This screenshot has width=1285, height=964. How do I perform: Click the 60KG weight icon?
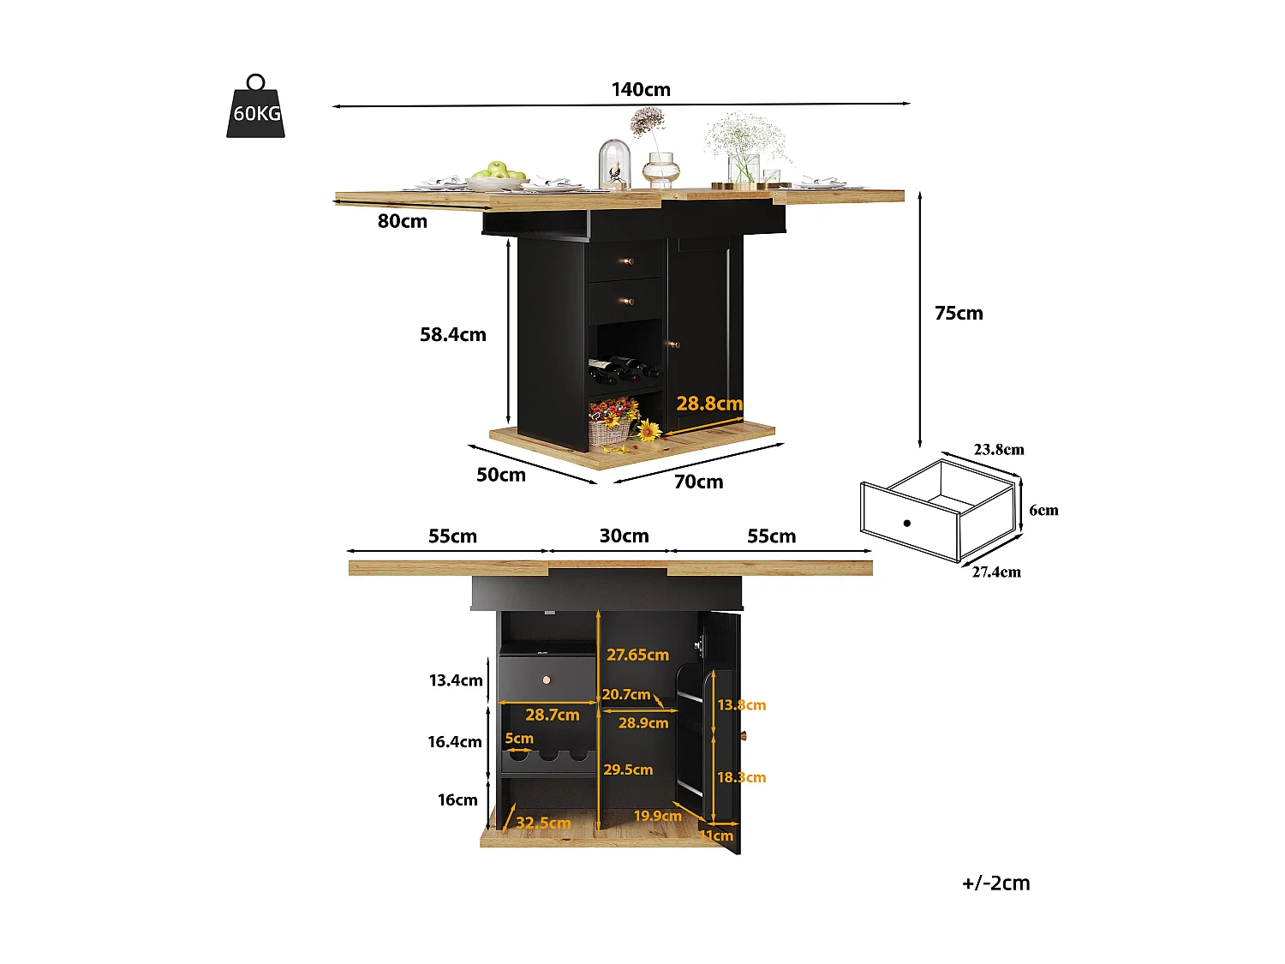click(256, 110)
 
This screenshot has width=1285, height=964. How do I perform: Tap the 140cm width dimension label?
click(641, 89)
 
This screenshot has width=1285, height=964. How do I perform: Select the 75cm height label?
click(959, 313)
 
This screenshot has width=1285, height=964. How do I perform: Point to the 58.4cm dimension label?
click(452, 334)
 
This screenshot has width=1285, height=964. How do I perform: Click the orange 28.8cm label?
click(709, 403)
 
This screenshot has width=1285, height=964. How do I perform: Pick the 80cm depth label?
click(402, 221)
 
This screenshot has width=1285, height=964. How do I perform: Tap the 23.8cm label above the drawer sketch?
click(998, 449)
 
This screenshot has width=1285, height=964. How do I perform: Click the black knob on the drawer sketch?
click(906, 523)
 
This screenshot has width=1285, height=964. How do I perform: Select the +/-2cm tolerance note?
click(995, 883)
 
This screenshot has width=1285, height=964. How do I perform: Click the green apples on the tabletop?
click(497, 170)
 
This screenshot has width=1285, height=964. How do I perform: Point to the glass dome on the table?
click(614, 163)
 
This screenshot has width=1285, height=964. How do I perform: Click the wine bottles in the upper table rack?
click(624, 368)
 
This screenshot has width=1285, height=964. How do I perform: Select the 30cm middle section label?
click(624, 536)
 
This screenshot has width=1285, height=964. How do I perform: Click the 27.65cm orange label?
click(637, 655)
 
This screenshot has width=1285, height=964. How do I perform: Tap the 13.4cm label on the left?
click(456, 680)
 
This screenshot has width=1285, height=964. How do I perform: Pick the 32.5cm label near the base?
click(543, 823)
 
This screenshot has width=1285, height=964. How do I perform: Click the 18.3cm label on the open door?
click(741, 777)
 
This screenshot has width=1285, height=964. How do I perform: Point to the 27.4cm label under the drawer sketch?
click(996, 572)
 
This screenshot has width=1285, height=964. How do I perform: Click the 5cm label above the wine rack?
click(519, 738)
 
